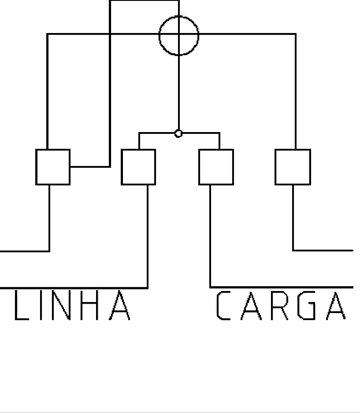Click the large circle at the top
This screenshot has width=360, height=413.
[160, 36]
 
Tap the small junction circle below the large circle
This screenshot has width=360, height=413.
[178, 134]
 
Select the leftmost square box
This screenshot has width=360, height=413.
[36, 167]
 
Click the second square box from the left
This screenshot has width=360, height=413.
[122, 167]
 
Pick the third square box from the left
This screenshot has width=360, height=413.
[199, 167]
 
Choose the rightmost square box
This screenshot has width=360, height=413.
[276, 167]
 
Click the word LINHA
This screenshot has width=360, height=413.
[72, 305]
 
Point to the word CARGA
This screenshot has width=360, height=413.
[281, 306]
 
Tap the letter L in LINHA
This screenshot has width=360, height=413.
[16, 305]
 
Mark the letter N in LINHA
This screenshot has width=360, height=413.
[61, 305]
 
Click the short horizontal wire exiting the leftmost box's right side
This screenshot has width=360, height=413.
[90, 167]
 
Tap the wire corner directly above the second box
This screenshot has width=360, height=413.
[139, 133]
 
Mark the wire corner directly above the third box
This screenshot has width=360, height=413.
[219, 133]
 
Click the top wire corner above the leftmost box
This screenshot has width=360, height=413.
[48, 34]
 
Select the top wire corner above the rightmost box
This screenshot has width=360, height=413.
[296, 34]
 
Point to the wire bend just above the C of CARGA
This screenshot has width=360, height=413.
[210, 287]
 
